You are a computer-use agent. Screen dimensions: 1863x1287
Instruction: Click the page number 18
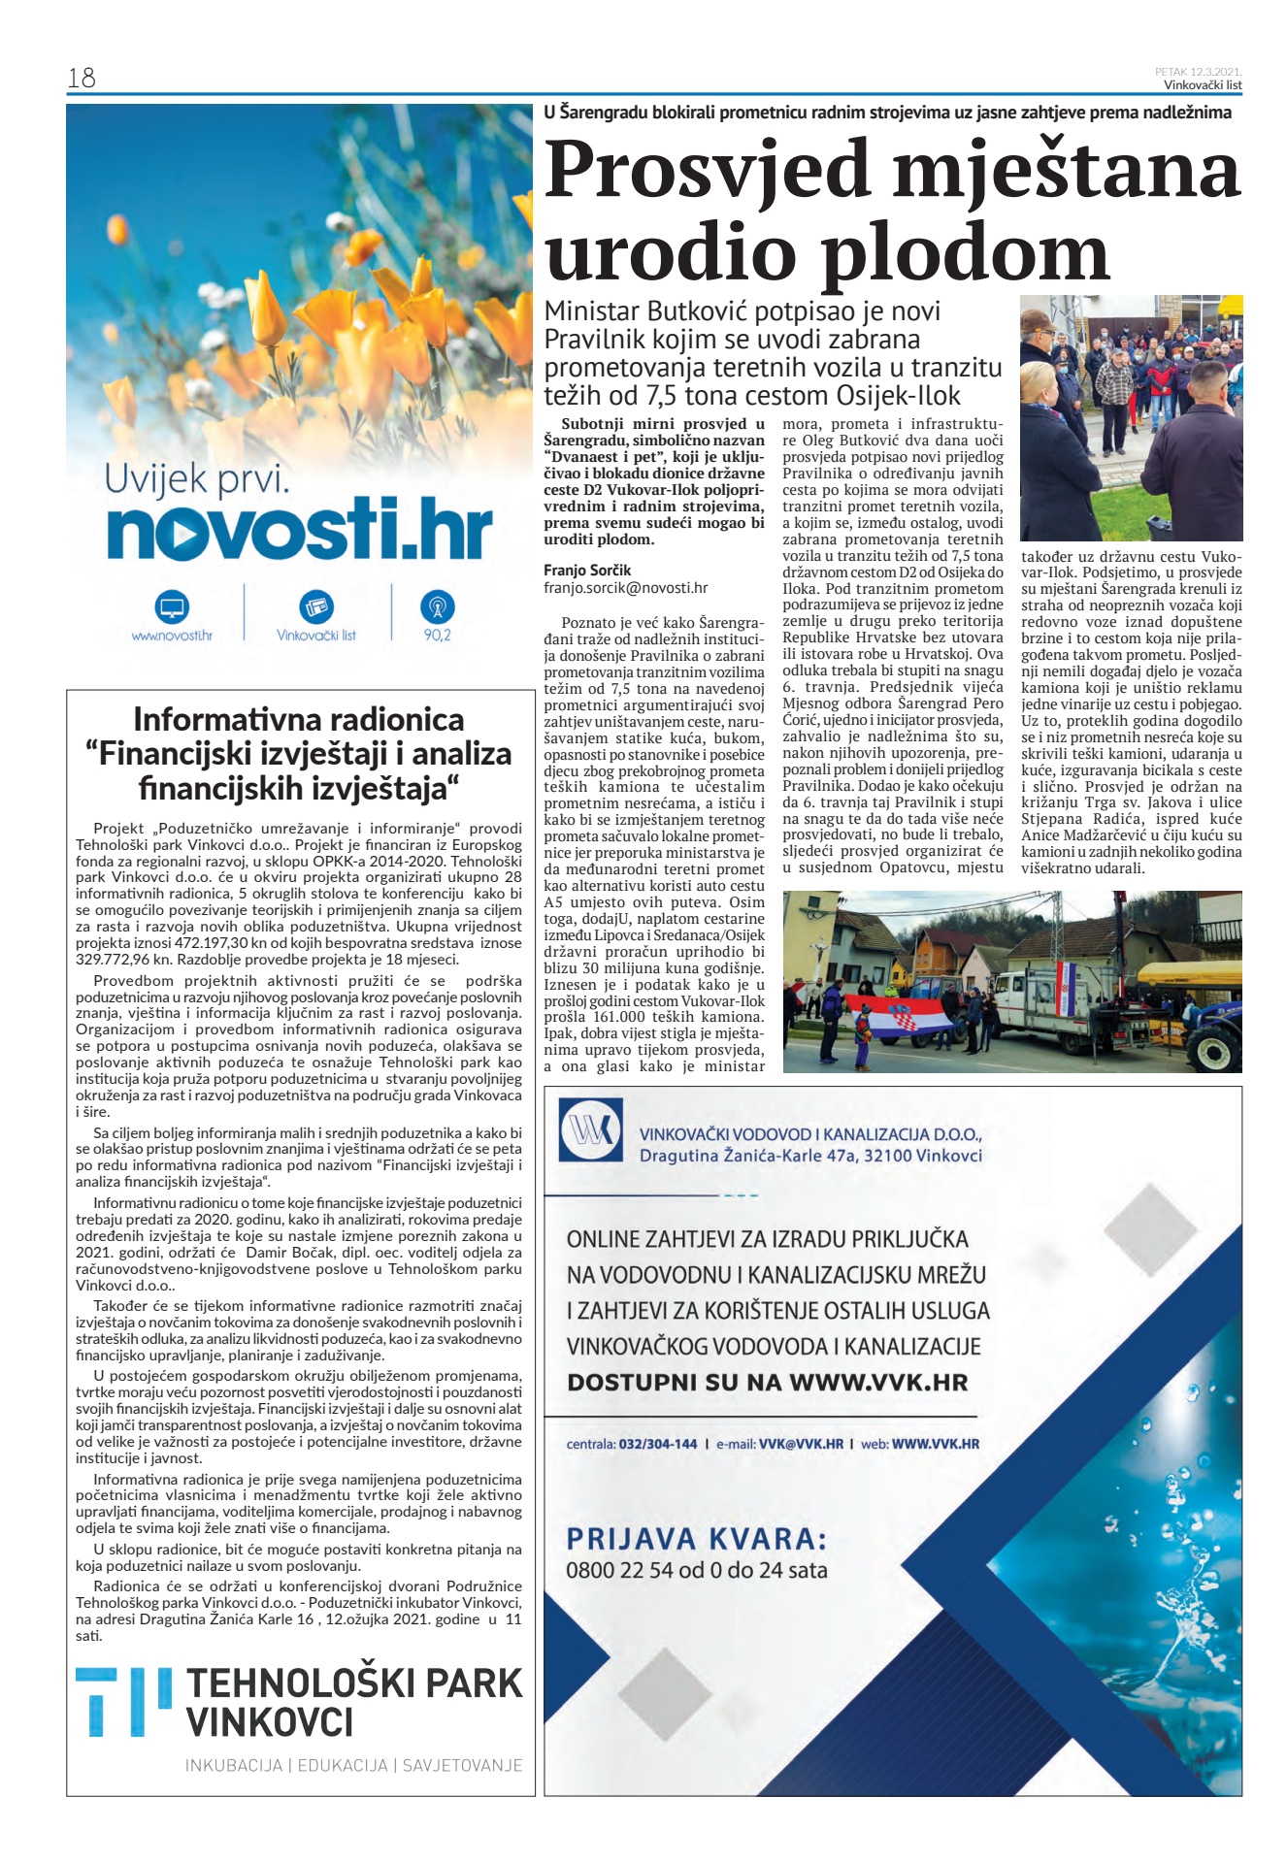tap(82, 78)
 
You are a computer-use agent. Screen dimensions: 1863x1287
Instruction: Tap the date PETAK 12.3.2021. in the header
tap(1198, 72)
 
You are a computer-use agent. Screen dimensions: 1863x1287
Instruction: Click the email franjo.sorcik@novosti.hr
tap(625, 587)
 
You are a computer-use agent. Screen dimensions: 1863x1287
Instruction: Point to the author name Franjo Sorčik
tap(587, 570)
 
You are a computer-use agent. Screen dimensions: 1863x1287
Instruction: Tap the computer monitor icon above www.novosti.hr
tap(172, 608)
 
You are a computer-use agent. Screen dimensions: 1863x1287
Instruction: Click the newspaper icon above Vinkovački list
tap(316, 607)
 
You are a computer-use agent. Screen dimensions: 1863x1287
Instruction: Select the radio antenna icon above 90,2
tap(437, 607)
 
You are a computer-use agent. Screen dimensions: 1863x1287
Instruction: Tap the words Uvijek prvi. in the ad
tap(197, 479)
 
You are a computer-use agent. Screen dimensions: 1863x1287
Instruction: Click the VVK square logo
tap(591, 1129)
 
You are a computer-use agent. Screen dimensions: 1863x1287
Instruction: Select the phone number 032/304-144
tap(658, 1444)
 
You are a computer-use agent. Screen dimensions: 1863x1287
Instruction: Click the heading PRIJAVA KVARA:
tap(697, 1538)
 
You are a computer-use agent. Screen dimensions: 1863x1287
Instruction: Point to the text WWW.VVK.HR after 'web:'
tap(935, 1444)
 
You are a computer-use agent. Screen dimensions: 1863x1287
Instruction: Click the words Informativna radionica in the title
tap(299, 719)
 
